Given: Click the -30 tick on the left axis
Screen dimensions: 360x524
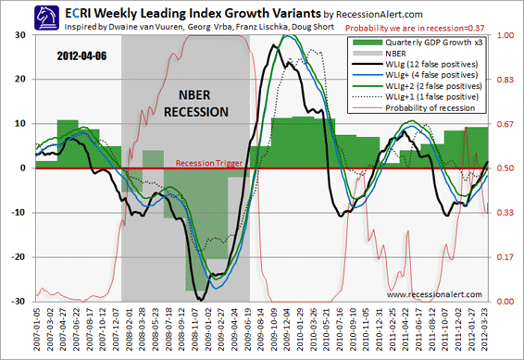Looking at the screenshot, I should pyautogui.click(x=18, y=302).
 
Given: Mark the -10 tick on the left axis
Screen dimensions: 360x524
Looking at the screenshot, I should pyautogui.click(x=18, y=213).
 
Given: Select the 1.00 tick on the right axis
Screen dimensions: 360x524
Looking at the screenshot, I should pyautogui.click(x=505, y=35).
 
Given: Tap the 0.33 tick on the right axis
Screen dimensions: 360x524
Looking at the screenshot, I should pyautogui.click(x=505, y=213).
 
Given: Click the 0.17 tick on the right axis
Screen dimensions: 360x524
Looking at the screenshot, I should pyautogui.click(x=505, y=257).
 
